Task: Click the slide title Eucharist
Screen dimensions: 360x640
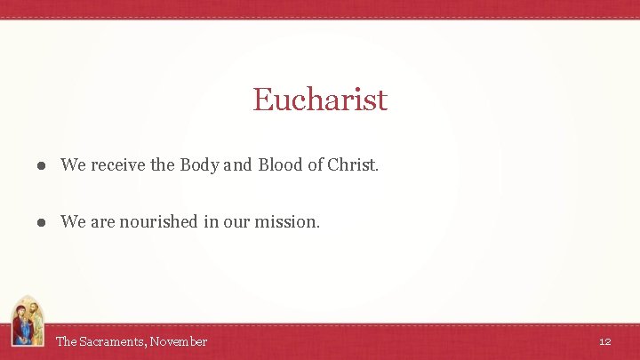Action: [x=320, y=99]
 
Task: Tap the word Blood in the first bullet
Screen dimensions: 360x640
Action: [x=280, y=164]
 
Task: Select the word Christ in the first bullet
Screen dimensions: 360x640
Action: [x=352, y=164]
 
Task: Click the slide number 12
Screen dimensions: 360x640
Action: [x=604, y=341]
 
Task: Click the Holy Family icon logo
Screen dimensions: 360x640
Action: [x=28, y=322]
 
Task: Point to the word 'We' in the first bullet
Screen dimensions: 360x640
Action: [x=72, y=164]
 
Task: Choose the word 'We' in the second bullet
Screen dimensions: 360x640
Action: [x=72, y=221]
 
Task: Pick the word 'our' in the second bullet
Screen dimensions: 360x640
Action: [x=236, y=221]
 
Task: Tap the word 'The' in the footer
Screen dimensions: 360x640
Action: [x=67, y=341]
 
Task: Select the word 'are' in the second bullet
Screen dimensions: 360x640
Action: [x=102, y=221]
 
